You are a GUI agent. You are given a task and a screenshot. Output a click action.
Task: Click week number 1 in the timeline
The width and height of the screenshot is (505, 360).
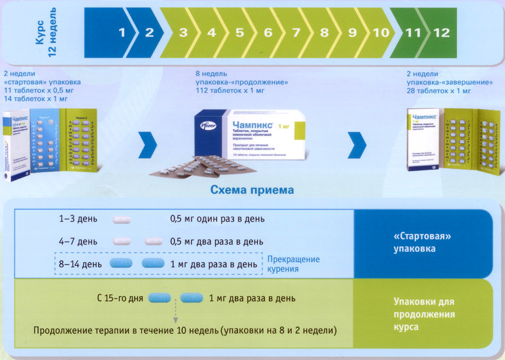pos(121,33)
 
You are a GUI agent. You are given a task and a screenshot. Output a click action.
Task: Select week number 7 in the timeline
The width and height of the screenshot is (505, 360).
pos(296,33)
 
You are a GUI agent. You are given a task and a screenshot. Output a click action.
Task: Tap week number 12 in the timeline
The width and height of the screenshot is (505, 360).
pos(441,33)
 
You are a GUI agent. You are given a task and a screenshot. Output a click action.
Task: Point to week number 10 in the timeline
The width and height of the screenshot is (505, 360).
pos(381,33)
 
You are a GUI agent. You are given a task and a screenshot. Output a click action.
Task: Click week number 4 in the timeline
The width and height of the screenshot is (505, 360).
pos(211,33)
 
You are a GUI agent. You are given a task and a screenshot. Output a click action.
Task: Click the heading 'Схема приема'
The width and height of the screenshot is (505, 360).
pos(252,190)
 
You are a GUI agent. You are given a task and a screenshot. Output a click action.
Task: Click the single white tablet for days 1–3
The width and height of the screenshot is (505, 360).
pos(122,219)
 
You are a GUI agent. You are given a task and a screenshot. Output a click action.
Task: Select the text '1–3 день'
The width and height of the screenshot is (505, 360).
pos(77,219)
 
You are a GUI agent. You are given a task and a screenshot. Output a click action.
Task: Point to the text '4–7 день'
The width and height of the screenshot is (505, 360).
pos(77,241)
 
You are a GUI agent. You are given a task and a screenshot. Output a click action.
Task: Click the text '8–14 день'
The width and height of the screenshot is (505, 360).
pos(80,263)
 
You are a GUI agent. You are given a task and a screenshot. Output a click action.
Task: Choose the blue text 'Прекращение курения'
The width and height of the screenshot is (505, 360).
pos(293,264)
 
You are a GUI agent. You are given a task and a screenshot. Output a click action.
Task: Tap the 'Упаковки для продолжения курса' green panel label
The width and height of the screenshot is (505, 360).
pos(424,314)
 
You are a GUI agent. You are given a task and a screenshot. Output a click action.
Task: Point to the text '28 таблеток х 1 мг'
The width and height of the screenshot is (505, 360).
pos(439,90)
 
